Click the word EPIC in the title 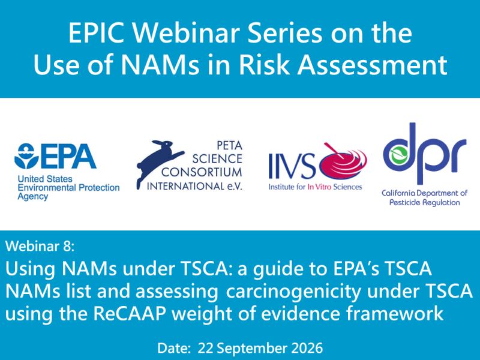tap(97, 33)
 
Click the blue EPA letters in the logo tap(69, 157)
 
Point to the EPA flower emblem tap(27, 156)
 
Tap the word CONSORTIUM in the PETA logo tap(202, 172)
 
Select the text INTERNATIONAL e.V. tap(194, 186)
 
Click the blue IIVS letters tap(292, 166)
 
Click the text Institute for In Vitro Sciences tap(315, 187)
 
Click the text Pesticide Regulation tap(424, 203)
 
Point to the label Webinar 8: tap(40, 246)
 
